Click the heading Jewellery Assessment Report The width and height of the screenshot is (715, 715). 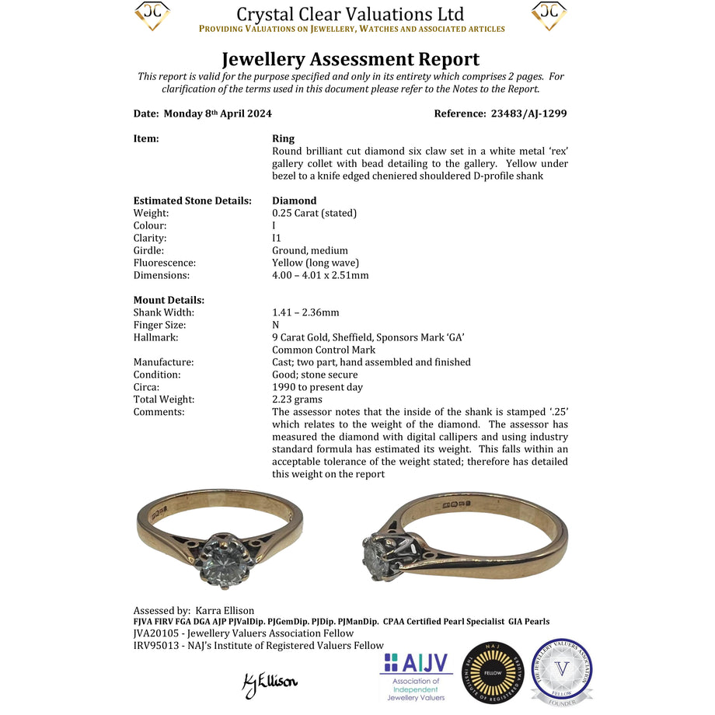351,59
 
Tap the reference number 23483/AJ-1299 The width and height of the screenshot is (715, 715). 528,113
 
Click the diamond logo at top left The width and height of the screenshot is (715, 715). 152,16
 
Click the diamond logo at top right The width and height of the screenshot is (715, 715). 549,16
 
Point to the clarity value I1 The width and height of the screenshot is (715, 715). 277,238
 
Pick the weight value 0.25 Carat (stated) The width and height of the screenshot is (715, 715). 314,213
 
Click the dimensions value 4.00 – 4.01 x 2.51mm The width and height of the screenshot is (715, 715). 320,275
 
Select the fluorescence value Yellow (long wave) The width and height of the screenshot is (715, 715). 316,263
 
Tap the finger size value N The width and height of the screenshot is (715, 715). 276,325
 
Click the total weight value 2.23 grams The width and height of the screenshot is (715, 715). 298,399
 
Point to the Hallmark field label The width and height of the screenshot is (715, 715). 155,337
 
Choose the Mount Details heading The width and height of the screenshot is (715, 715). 169,300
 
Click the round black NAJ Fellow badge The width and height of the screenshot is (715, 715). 493,674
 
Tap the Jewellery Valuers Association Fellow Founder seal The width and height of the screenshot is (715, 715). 561,672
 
